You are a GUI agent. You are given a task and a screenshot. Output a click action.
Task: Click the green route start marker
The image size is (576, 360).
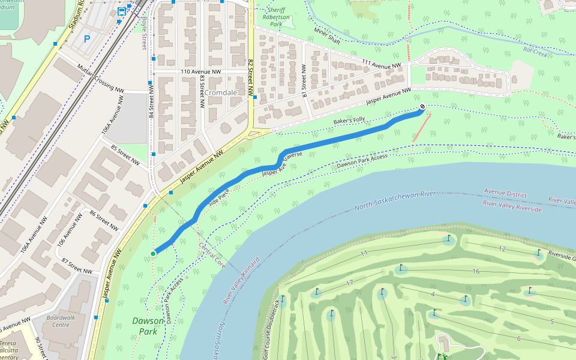click(x=153, y=254)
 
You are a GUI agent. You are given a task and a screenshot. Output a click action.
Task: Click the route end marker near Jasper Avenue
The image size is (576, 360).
click(x=422, y=107)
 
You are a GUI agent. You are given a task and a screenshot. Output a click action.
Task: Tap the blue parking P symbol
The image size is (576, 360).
click(x=87, y=39)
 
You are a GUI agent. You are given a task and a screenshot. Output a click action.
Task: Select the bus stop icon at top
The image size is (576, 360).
click(x=122, y=11)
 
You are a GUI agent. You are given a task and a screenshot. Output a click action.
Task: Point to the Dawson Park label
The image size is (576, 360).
click(x=148, y=326)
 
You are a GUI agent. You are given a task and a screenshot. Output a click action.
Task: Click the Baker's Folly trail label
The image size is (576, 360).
click(x=349, y=121)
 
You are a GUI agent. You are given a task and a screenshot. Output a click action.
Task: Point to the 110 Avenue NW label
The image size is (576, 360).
click(x=201, y=72)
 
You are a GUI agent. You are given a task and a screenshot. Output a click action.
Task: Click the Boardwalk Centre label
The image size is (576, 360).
click(x=61, y=322)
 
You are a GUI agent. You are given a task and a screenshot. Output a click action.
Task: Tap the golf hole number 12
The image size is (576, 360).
click(x=502, y=249)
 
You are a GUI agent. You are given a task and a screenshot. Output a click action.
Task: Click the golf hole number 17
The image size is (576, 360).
click(x=349, y=283)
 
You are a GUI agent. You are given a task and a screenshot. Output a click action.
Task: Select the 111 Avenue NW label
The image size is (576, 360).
click(x=381, y=64)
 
